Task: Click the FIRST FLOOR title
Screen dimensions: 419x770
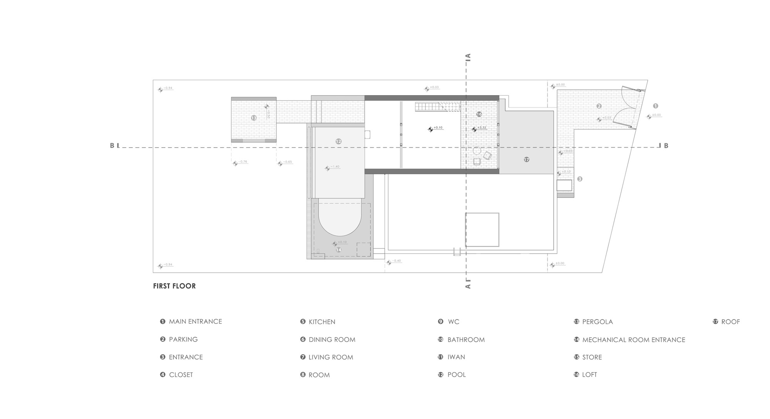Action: (174, 286)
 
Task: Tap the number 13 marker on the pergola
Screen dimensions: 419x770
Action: (254, 118)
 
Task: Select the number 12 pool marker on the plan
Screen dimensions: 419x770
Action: (338, 141)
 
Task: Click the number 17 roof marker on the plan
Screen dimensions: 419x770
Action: (526, 159)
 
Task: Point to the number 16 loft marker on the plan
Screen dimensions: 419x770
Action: (479, 114)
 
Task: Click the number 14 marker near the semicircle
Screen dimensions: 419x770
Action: (339, 250)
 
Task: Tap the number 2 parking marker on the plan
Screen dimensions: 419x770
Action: (599, 106)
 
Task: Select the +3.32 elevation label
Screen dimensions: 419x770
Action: (481, 128)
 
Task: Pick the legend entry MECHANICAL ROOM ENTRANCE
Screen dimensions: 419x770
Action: (633, 340)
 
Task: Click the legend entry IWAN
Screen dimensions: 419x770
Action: (456, 357)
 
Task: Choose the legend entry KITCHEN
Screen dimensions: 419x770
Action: (322, 321)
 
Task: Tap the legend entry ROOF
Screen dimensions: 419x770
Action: (730, 321)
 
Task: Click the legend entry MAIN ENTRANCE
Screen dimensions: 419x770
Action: (195, 321)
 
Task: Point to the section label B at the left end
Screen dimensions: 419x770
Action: (112, 146)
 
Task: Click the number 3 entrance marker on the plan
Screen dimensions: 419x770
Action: (580, 179)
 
